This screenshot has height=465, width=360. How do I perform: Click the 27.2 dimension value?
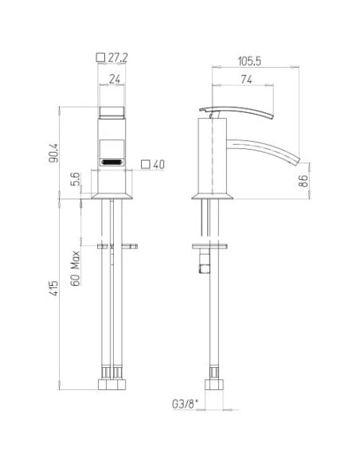click(x=120, y=57)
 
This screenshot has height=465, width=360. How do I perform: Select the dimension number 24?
click(x=115, y=79)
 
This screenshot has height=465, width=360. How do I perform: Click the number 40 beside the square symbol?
click(x=158, y=164)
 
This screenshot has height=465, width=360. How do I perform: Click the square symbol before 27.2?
click(x=100, y=57)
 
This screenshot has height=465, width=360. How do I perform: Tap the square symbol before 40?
click(x=144, y=164)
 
